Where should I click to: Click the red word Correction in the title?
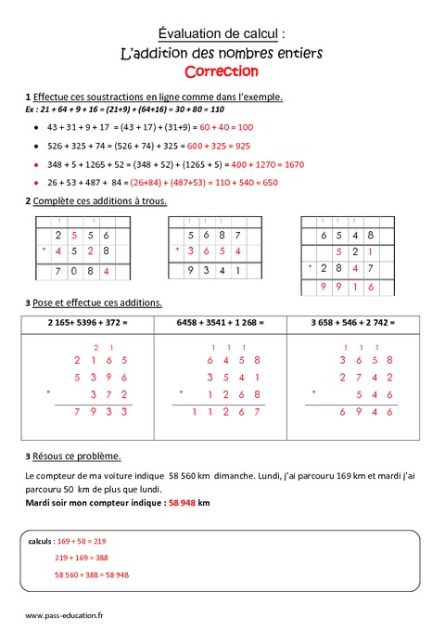(x=222, y=71)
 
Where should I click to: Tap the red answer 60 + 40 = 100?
(x=213, y=127)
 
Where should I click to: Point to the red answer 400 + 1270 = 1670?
(x=256, y=164)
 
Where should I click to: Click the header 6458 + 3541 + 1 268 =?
(x=221, y=323)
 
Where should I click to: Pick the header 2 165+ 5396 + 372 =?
(x=86, y=323)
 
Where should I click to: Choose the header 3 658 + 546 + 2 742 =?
(x=353, y=323)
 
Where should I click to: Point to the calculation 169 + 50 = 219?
(x=81, y=540)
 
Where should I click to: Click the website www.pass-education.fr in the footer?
(x=64, y=615)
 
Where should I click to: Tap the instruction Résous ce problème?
(x=75, y=456)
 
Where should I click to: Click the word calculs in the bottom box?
(x=40, y=540)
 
